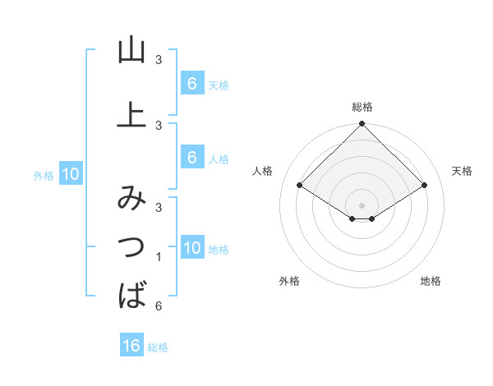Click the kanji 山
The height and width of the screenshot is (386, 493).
pyautogui.click(x=131, y=51)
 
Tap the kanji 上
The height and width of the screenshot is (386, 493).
pyautogui.click(x=131, y=115)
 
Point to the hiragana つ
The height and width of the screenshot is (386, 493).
pyautogui.click(x=131, y=246)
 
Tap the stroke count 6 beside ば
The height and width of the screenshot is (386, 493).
pyautogui.click(x=159, y=306)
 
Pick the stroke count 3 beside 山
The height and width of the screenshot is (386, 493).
pyautogui.click(x=159, y=60)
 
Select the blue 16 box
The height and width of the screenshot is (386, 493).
pyautogui.click(x=131, y=346)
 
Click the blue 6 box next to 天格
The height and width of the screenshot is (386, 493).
pyautogui.click(x=191, y=84)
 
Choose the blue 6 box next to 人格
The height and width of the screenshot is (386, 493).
pyautogui.click(x=191, y=158)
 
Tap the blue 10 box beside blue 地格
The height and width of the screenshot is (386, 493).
pyautogui.click(x=191, y=248)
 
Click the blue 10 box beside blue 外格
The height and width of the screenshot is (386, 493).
pyautogui.click(x=70, y=174)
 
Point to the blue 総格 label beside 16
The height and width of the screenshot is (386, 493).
pyautogui.click(x=158, y=347)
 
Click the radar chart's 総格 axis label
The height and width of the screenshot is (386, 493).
pyautogui.click(x=362, y=107)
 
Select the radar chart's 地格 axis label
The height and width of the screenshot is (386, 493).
pyautogui.click(x=431, y=282)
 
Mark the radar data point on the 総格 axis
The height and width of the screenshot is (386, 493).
pyautogui.click(x=362, y=124)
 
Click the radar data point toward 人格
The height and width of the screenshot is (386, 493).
pyautogui.click(x=300, y=186)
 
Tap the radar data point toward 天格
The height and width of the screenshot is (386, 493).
pyautogui.click(x=425, y=186)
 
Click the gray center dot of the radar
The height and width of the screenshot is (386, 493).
pyautogui.click(x=362, y=204)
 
